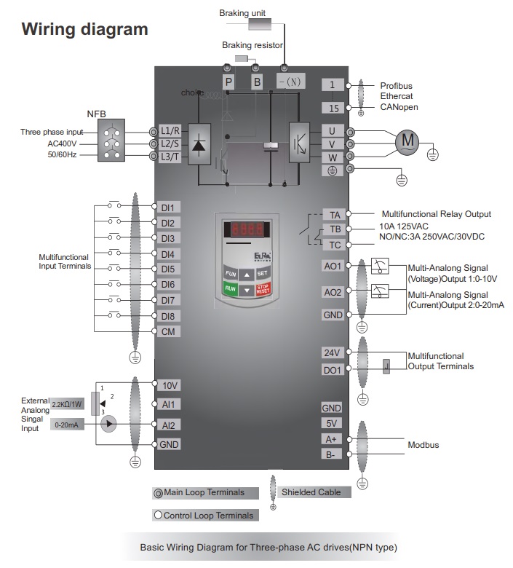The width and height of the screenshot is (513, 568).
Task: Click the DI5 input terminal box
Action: point(168,269)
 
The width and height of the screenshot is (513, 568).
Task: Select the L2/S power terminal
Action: point(170,143)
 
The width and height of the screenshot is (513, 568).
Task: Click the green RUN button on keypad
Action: point(230,289)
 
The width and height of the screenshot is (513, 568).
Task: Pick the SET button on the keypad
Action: point(263,273)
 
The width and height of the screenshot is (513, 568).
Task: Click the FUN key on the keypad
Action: point(230,273)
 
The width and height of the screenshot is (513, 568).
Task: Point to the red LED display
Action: point(247,229)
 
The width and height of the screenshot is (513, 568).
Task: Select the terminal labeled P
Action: point(228,82)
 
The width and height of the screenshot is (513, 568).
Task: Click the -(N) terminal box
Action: point(291,82)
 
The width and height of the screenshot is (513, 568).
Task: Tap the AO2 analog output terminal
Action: point(333,292)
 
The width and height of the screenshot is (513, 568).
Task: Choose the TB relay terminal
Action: point(335,229)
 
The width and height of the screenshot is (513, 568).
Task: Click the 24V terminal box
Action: point(332,352)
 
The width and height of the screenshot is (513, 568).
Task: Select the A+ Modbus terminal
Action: point(332,439)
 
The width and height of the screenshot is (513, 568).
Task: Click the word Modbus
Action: point(423,445)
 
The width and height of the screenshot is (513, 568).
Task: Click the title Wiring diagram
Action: point(84,30)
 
